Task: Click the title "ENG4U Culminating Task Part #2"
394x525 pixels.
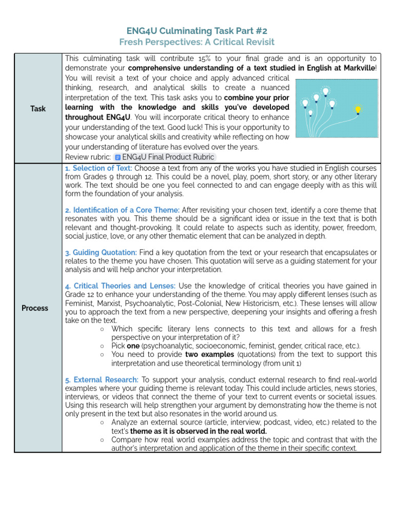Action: (197, 30)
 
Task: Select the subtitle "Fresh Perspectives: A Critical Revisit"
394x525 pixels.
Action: (197, 42)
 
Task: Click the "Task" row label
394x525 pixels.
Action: (38, 109)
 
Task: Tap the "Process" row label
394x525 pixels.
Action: (35, 308)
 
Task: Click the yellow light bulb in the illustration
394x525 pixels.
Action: (358, 110)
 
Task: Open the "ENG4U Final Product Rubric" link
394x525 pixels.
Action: (168, 157)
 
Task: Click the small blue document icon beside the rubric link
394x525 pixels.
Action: (118, 157)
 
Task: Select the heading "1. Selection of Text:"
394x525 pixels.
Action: (98, 168)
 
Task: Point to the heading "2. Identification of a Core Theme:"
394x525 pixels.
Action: (122, 210)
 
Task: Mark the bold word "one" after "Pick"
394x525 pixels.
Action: (133, 346)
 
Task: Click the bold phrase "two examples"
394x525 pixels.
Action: (206, 354)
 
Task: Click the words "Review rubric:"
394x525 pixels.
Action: (88, 157)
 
